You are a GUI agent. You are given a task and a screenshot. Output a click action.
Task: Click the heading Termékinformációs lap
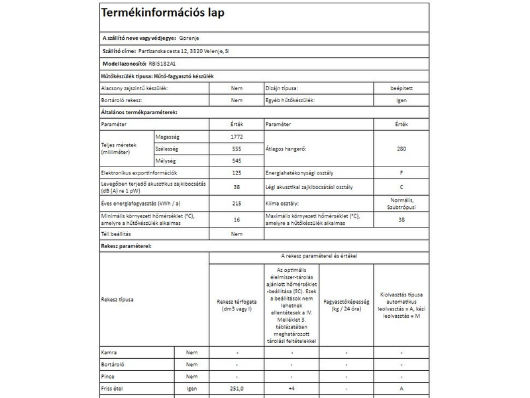point(162,13)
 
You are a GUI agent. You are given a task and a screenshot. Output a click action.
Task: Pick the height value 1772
point(237,136)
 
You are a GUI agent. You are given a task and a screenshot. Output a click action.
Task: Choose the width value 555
point(237,149)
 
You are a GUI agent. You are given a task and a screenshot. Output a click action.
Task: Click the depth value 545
point(237,161)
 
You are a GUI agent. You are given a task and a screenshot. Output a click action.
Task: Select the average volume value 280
point(401,149)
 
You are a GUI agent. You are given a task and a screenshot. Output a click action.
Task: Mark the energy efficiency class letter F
point(401,173)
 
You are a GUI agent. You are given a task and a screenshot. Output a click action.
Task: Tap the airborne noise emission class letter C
point(401,188)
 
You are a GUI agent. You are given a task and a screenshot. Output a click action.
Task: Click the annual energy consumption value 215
point(237,204)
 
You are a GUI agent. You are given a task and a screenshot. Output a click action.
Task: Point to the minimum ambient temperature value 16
point(237,220)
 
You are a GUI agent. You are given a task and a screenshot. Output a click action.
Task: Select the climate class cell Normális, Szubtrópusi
point(401,204)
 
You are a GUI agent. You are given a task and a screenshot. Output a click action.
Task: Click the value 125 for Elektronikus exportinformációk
point(237,173)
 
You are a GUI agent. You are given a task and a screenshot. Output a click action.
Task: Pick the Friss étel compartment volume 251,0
point(237,388)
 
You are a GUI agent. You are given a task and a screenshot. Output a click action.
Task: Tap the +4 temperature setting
point(291,388)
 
